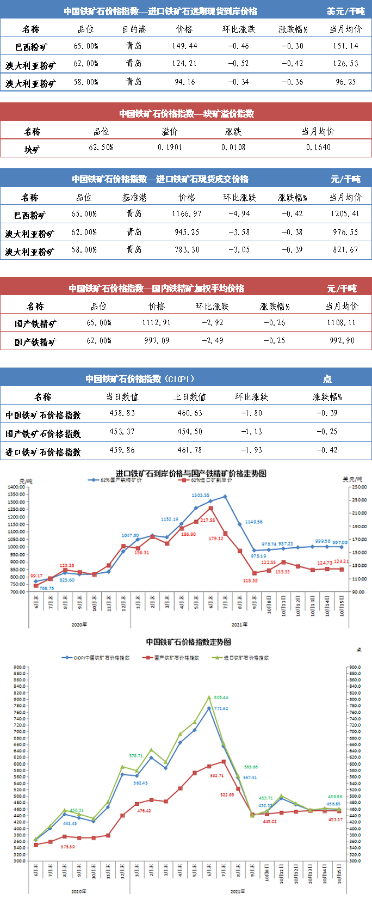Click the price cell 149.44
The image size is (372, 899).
pos(184,46)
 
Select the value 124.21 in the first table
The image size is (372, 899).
pos(184,64)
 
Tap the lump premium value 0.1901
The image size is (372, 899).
pos(170,148)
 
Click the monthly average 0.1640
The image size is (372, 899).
pos(318,148)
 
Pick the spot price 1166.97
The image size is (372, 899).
pos(187,214)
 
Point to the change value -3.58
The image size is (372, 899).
pos(239,233)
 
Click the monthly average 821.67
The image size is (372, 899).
pos(346,250)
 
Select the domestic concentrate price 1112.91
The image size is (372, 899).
pos(156,323)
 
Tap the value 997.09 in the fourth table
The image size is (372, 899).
pos(156,341)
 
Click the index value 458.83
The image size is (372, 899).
pos(122,413)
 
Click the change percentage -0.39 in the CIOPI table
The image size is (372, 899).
pos(327,413)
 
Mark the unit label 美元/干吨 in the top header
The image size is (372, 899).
pos(346,11)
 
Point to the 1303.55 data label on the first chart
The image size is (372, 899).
pos(200,496)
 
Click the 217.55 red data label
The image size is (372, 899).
pos(207,521)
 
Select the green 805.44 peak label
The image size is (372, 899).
pos(221,698)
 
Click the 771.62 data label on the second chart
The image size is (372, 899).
pos(221,708)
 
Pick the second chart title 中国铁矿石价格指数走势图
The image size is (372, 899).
pos(188,642)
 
